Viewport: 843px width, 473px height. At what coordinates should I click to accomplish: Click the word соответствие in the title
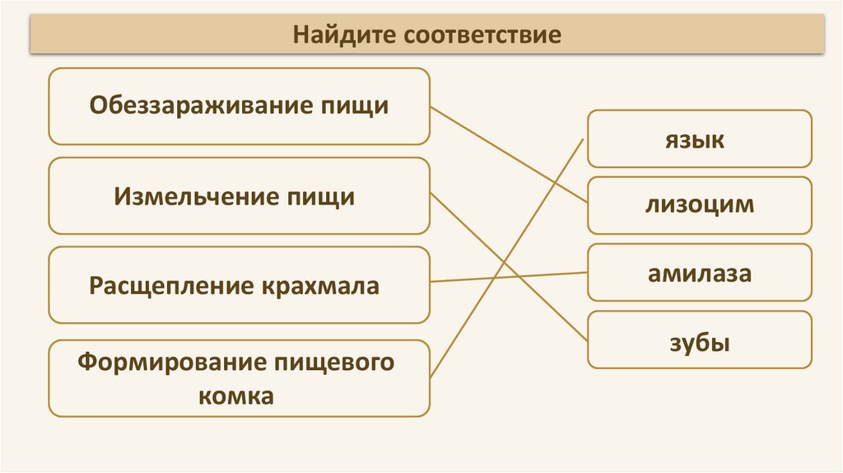coord(482,35)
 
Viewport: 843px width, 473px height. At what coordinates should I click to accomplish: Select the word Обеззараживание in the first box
coord(201,106)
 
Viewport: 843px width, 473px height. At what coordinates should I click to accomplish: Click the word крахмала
coord(321,286)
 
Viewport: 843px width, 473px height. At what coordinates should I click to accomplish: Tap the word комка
coord(235,396)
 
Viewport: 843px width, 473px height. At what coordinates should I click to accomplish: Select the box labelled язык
coord(699,139)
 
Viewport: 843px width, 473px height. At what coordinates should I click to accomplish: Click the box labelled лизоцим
coord(699,205)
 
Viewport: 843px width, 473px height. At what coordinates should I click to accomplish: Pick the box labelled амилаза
coord(699,273)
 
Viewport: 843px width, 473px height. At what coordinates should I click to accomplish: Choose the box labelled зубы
coord(699,340)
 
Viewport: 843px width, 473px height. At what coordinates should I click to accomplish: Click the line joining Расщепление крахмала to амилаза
coord(510,277)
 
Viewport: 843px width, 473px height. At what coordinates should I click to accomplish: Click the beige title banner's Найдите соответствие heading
coord(427,35)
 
